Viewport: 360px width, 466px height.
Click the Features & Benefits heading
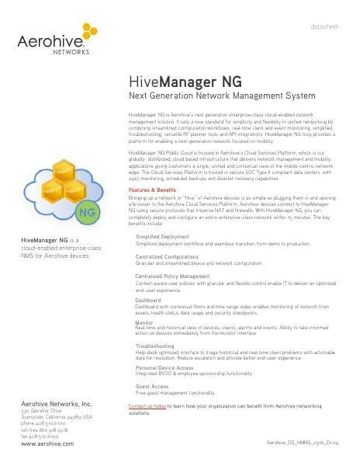pos(154,189)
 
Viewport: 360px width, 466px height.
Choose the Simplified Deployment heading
pos(162,236)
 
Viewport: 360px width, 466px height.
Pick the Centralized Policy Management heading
pos(173,276)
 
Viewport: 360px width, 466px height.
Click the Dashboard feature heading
pos(149,299)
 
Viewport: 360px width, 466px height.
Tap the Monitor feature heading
pos(144,322)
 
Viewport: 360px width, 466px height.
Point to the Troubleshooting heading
pos(155,345)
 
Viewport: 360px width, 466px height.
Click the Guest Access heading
pos(153,386)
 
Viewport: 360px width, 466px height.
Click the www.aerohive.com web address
pos(47,443)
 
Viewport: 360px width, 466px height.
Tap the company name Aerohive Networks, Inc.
pos(57,404)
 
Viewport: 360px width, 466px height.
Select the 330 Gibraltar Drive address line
pos(44,411)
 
